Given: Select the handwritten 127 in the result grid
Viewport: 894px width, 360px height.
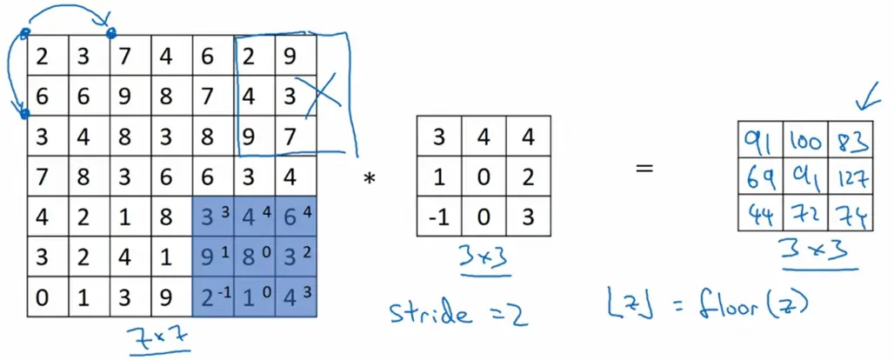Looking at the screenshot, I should click(x=850, y=179).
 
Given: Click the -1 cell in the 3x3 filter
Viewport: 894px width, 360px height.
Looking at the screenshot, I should click(x=438, y=215).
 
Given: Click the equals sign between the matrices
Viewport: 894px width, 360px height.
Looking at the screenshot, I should click(x=644, y=167).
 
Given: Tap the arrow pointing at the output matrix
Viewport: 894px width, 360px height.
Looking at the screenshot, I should click(x=865, y=101).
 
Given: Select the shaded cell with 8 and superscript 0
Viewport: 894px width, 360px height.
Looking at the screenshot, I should click(x=253, y=259).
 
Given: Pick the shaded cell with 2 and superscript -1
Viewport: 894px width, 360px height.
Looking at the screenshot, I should click(x=211, y=298).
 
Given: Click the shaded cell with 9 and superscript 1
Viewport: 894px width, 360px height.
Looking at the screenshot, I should click(x=211, y=259).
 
